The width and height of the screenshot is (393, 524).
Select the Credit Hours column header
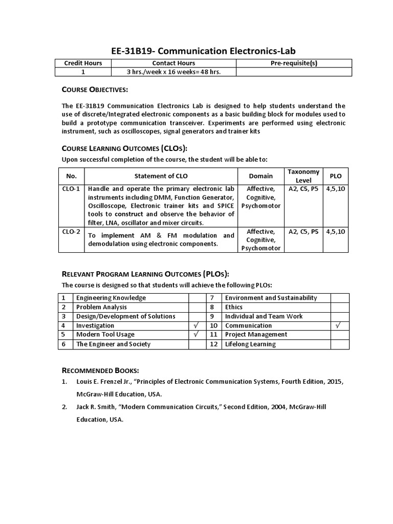(x=83, y=63)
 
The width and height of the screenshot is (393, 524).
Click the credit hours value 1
(x=83, y=72)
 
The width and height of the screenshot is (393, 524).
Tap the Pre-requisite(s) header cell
(x=294, y=63)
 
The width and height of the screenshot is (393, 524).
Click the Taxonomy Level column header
(x=303, y=176)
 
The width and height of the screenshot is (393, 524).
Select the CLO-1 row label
(x=71, y=188)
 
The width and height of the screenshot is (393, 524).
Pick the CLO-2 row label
(x=71, y=231)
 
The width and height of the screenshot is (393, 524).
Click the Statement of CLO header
(x=161, y=176)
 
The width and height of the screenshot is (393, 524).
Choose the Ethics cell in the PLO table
(x=234, y=307)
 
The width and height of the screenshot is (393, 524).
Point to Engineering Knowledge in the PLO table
(x=111, y=298)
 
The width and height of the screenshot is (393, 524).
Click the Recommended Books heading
(x=100, y=370)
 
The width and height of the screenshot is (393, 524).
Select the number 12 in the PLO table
(x=214, y=344)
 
